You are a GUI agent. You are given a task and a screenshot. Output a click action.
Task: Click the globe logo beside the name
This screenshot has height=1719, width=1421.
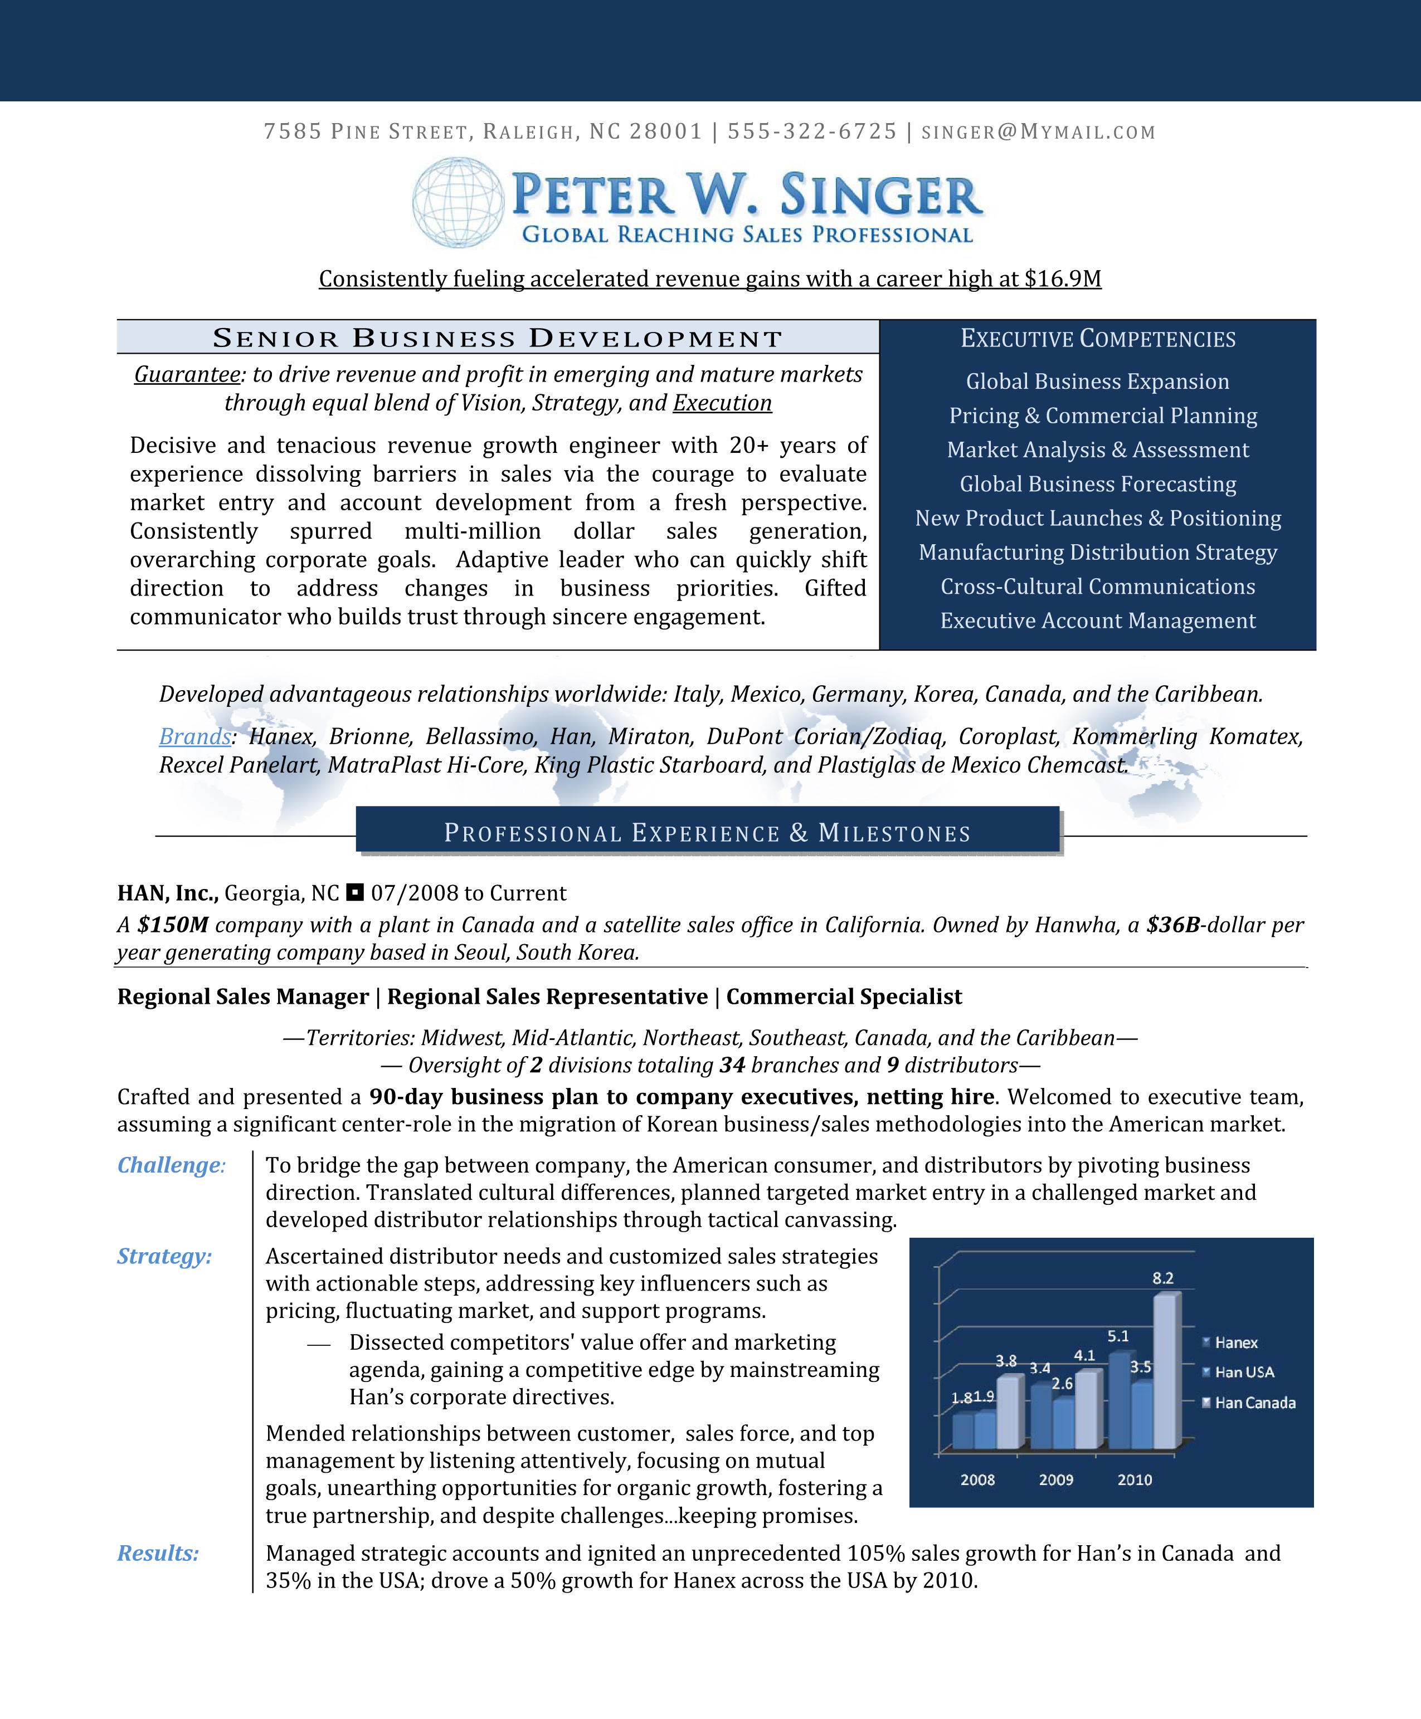458,202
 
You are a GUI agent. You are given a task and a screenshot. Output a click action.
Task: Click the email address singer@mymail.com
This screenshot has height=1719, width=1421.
1038,131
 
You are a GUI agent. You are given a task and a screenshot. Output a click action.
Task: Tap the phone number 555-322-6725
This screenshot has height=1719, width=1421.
812,131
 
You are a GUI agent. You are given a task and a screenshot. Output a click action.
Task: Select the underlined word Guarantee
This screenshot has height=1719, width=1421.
187,375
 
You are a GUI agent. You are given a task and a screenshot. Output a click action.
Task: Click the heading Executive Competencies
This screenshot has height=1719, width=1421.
1098,339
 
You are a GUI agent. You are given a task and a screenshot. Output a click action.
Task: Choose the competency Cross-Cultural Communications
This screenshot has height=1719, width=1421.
1098,587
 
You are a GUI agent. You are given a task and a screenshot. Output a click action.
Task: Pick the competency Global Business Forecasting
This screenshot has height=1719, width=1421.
1098,485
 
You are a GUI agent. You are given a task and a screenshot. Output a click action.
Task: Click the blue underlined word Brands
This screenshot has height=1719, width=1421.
195,736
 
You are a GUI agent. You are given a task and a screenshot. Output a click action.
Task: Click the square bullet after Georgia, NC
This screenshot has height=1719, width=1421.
354,892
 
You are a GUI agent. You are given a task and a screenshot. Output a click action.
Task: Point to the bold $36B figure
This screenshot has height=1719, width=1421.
1173,925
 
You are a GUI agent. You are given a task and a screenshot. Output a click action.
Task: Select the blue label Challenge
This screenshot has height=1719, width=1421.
169,1165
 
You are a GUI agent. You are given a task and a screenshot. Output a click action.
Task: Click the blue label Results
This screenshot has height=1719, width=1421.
158,1553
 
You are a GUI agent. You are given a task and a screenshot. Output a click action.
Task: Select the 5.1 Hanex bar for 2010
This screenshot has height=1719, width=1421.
1119,1400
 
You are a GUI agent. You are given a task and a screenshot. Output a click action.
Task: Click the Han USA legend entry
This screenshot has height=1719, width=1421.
1244,1372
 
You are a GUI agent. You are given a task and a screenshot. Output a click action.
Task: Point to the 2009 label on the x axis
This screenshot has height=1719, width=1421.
1056,1480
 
